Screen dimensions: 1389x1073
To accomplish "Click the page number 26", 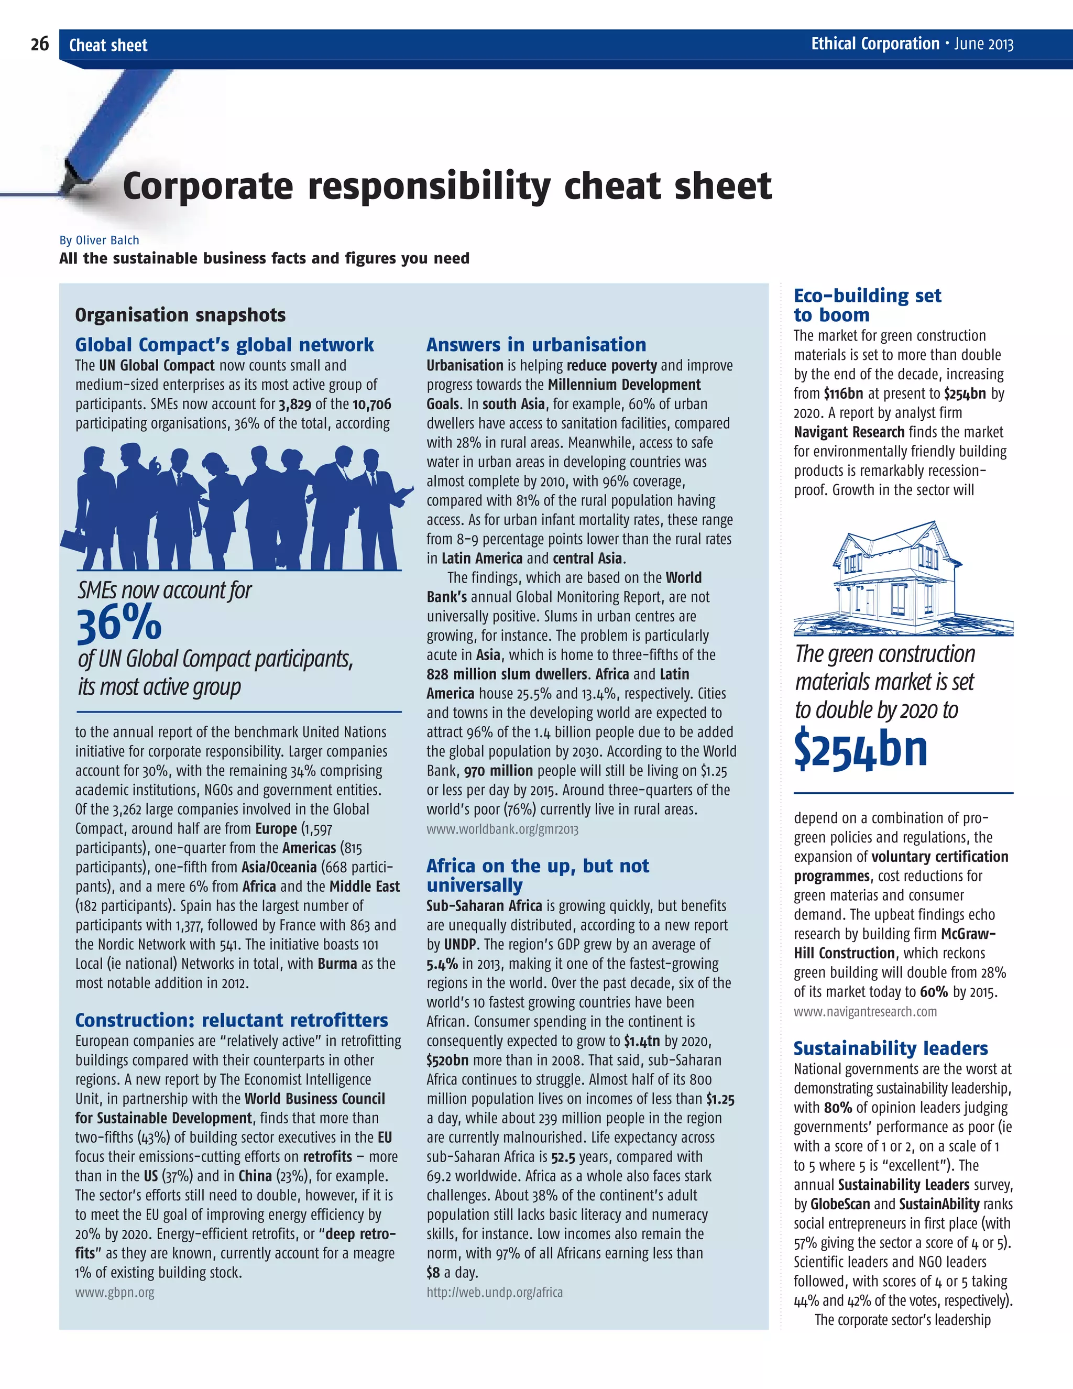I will coord(39,45).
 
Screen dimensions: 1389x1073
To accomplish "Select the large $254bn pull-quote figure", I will coord(861,750).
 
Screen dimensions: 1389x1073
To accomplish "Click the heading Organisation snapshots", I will coord(180,315).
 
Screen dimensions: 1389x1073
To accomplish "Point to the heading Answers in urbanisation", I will coord(536,345).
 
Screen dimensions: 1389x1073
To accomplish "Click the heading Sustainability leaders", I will coord(891,1048).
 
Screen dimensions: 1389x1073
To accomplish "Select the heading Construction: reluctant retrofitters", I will coord(232,1020).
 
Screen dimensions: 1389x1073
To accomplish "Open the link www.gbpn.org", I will coord(115,1292).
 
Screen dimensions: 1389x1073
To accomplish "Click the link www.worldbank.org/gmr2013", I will coord(502,829).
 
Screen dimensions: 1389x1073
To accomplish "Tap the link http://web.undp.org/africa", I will coord(494,1292).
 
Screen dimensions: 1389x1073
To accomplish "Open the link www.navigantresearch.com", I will coord(865,1011).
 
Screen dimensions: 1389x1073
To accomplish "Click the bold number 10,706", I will coord(371,404).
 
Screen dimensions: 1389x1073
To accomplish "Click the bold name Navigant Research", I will coord(848,432).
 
